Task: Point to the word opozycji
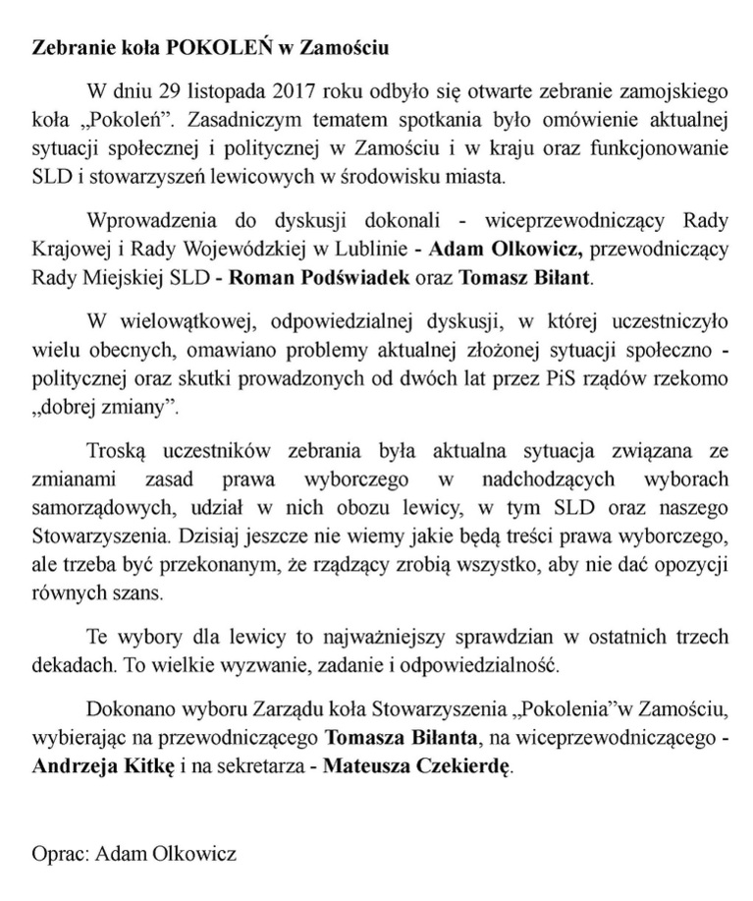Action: coord(693,567)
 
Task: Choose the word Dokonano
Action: coord(128,709)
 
